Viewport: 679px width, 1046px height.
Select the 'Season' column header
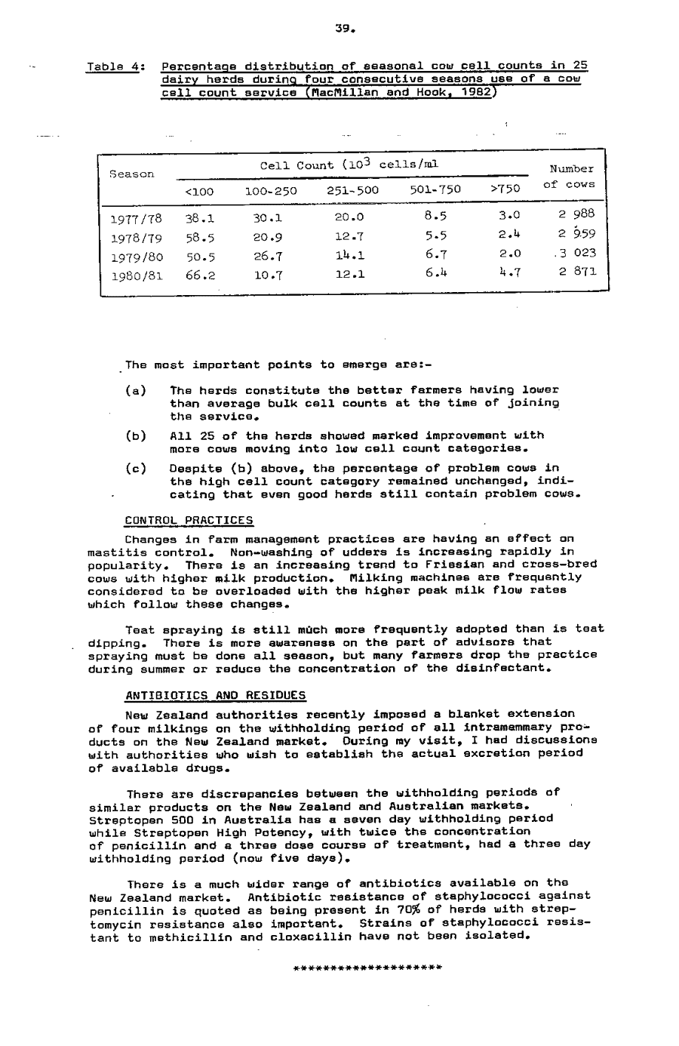tap(132, 174)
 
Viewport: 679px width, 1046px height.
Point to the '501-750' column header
tap(435, 190)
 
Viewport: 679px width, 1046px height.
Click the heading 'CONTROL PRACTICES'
tap(189, 521)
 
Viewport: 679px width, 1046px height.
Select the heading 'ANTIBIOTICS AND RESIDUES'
tap(216, 695)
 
